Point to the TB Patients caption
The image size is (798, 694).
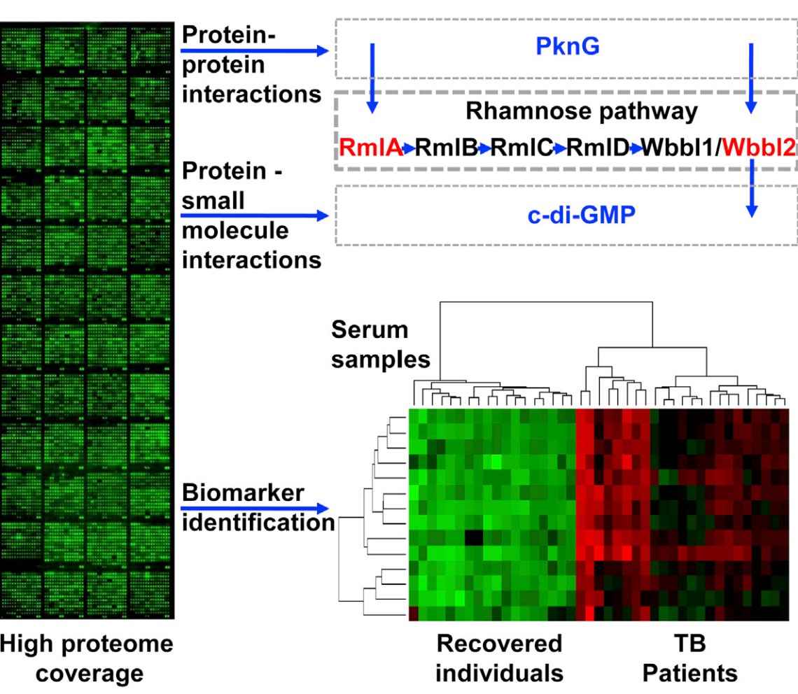pos(689,658)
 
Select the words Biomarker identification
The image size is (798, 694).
pos(256,507)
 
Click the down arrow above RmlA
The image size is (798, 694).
pos(372,77)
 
